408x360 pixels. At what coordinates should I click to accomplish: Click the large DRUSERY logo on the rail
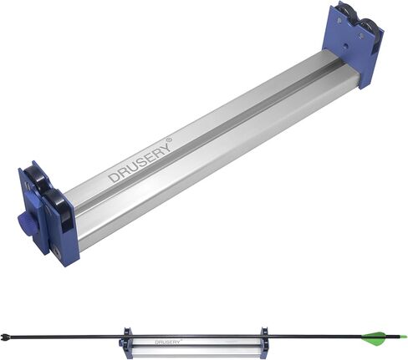click(141, 160)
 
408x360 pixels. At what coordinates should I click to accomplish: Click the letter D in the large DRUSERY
click(115, 177)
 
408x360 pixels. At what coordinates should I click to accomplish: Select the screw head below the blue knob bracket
click(57, 251)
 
